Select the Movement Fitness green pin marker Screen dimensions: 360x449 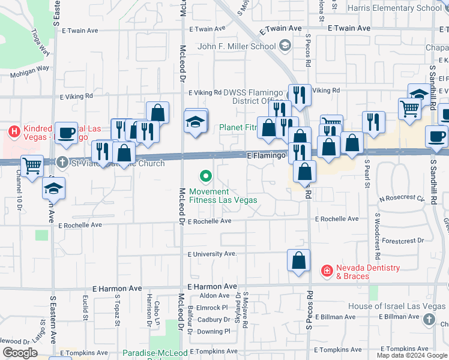click(x=206, y=176)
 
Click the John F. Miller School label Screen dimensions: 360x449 click(x=237, y=46)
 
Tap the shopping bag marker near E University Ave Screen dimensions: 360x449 click(x=298, y=261)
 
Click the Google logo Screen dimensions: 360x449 click(x=20, y=353)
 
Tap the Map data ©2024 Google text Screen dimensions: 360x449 click(x=412, y=355)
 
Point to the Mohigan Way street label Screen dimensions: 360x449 click(x=29, y=71)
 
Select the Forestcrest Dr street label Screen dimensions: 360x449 click(x=402, y=241)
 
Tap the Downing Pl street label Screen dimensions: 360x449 click(x=214, y=331)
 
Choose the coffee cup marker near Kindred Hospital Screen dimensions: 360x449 click(x=66, y=133)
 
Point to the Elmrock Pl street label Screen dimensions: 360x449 click(x=212, y=307)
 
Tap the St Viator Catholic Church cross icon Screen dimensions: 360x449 click(x=63, y=162)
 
